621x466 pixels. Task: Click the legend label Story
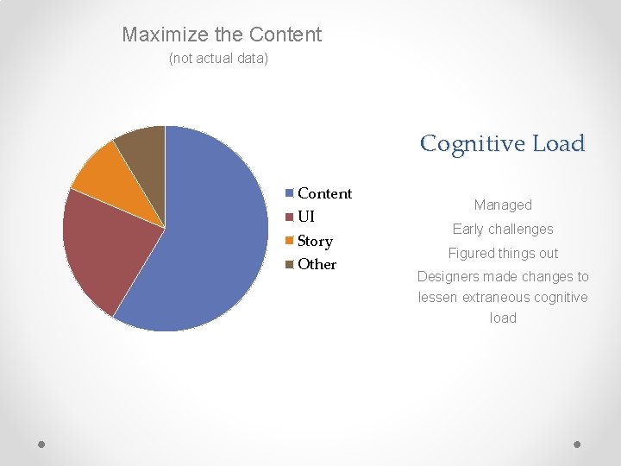pos(315,241)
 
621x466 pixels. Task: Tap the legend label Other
pos(317,264)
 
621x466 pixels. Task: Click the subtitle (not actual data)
pos(218,59)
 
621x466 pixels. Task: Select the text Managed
pos(503,205)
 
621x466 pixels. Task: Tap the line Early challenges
pos(503,229)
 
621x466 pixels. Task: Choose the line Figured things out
pos(503,253)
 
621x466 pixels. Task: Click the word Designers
pos(449,277)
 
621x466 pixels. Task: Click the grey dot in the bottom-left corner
pos(41,444)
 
